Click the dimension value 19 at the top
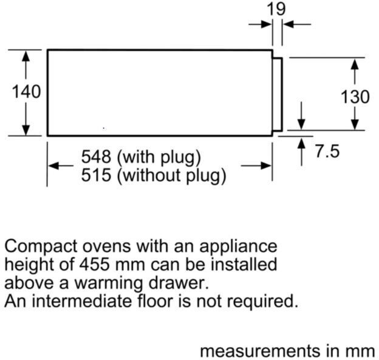click(278, 9)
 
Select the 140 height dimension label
click(26, 92)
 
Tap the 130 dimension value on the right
click(355, 97)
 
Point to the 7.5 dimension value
click(327, 151)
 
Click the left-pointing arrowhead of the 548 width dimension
click(53, 166)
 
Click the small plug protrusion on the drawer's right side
click(277, 94)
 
